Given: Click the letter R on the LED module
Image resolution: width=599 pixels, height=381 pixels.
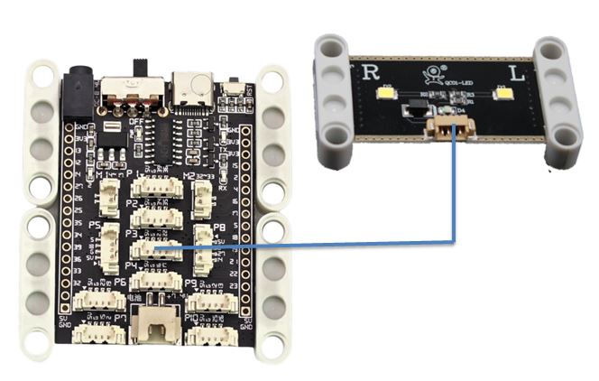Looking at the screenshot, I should pos(371,73).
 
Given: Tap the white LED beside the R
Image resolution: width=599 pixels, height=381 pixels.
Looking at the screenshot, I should pos(386,93).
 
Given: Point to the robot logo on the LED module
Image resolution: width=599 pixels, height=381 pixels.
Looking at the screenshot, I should pos(435,76).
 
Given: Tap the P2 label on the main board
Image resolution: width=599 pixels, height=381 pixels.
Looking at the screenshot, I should pos(133,204).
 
